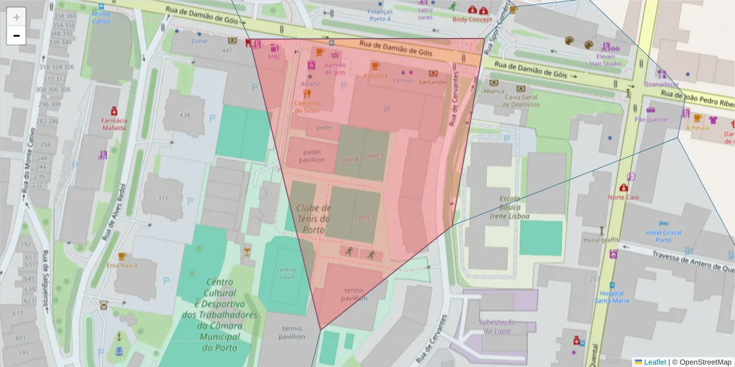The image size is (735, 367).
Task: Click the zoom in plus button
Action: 17,17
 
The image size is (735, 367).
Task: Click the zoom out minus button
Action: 17,35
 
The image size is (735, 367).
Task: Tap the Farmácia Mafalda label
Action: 114,125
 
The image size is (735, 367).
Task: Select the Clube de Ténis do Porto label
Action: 314,218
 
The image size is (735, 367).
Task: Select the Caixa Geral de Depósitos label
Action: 524,100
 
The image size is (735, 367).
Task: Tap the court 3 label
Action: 365,217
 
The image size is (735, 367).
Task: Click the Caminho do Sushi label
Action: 307,106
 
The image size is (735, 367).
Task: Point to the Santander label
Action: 433,81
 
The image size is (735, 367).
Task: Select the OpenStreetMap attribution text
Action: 701,362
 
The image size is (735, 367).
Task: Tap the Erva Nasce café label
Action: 122,265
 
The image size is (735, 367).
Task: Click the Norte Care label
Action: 623,197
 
